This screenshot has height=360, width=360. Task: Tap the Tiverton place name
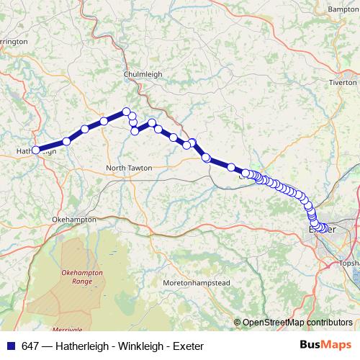tap(343, 82)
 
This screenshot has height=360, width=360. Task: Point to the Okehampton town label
tap(74, 218)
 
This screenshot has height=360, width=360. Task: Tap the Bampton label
tap(343, 9)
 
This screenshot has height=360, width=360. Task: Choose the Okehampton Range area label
tap(82, 277)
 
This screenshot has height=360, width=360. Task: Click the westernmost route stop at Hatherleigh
tap(35, 150)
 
